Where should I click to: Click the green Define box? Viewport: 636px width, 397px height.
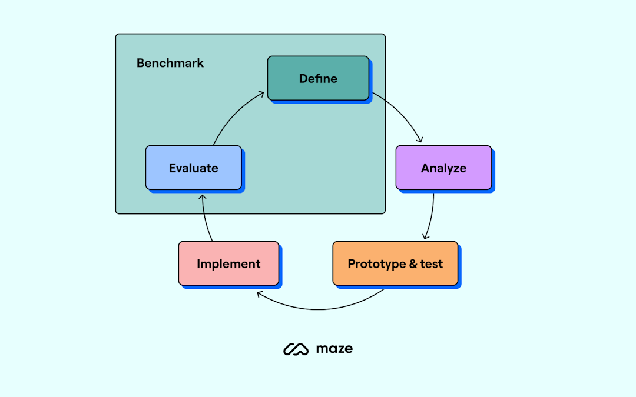(x=318, y=78)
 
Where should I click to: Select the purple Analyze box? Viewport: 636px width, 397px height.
(x=443, y=168)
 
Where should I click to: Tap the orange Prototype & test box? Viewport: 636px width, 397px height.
(x=395, y=263)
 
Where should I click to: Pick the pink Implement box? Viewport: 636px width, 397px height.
(x=228, y=263)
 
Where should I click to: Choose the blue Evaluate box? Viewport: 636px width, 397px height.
(x=193, y=168)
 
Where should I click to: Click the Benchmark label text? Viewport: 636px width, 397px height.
(x=170, y=63)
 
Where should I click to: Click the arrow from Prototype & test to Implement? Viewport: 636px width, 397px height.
(x=318, y=309)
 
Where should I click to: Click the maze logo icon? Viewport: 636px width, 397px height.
(x=296, y=349)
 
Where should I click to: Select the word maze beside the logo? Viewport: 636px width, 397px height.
(x=334, y=349)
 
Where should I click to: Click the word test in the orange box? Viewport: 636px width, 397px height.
(x=432, y=263)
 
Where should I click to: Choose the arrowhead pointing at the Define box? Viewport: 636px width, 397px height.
(x=261, y=94)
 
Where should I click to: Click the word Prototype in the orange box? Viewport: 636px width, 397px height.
(x=377, y=263)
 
